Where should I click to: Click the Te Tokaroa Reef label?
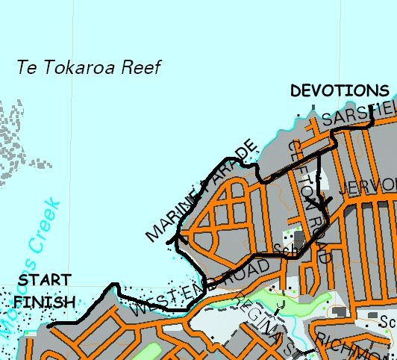click(x=89, y=66)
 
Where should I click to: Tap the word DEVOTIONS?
click(x=340, y=91)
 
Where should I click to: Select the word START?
click(x=44, y=280)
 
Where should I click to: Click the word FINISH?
click(x=44, y=302)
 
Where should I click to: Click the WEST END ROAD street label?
click(x=200, y=287)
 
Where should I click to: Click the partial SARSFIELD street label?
click(x=358, y=114)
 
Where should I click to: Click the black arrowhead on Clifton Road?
click(x=322, y=202)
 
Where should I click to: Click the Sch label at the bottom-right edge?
click(x=387, y=322)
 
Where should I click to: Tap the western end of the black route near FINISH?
click(x=48, y=326)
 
